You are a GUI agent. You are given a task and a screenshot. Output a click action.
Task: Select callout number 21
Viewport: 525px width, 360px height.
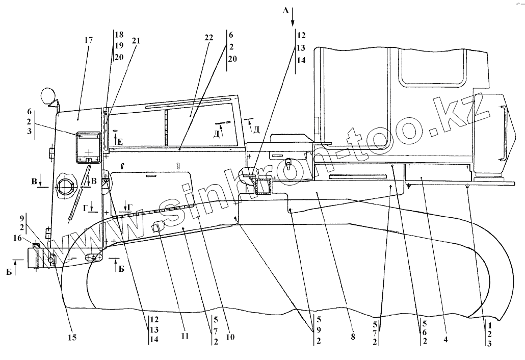pos(135,41)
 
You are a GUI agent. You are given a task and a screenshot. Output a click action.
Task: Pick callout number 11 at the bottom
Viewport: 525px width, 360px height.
pos(185,337)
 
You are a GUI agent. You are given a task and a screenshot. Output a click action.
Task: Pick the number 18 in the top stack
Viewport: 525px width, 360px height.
pos(119,35)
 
